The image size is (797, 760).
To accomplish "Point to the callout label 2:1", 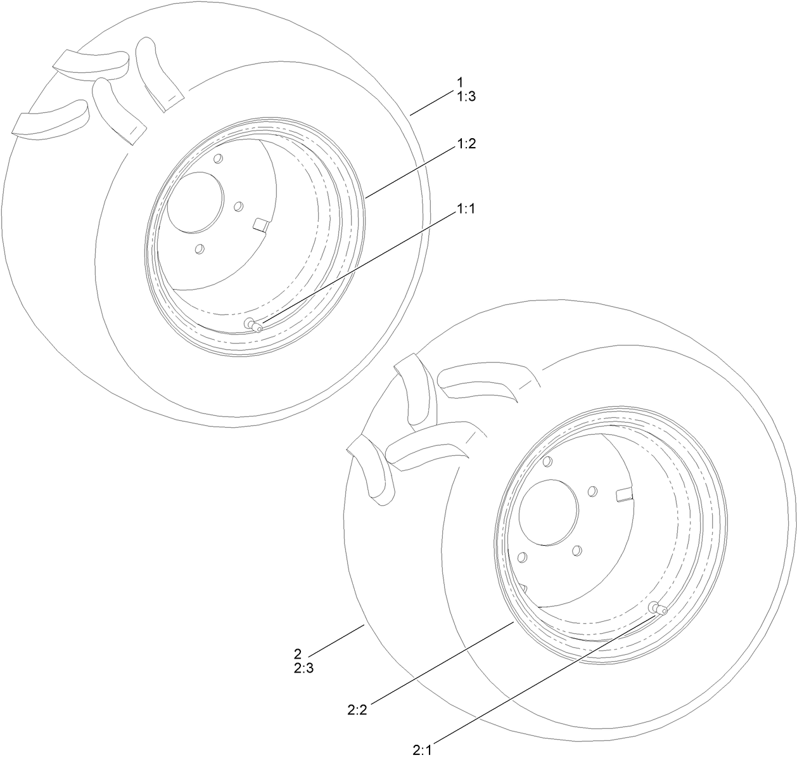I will [422, 750].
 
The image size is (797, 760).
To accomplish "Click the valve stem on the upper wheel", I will [255, 325].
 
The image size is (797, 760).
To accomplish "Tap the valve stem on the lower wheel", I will [657, 609].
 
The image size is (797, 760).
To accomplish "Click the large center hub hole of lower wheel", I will [547, 510].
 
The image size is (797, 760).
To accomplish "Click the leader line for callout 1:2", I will [412, 170].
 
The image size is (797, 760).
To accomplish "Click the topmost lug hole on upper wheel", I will [218, 158].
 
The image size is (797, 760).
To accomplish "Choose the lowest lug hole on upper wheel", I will [200, 250].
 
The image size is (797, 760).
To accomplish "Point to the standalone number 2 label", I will [297, 653].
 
